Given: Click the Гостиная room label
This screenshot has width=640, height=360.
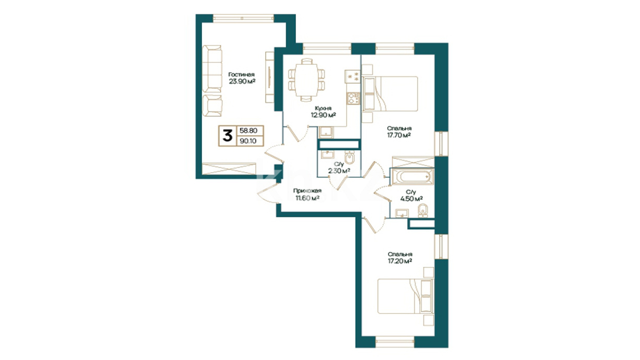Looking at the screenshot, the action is [x=241, y=75].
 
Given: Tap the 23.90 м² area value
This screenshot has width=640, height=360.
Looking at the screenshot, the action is [x=242, y=81].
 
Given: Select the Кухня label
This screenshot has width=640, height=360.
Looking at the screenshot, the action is [x=323, y=109].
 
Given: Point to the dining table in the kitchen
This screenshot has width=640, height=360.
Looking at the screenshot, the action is [x=306, y=80].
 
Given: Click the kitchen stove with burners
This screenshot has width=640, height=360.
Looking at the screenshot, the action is [x=353, y=99].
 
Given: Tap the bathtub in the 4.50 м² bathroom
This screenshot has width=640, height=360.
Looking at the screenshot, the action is [x=412, y=176].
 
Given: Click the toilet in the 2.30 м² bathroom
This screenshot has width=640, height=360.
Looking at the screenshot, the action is [x=349, y=157].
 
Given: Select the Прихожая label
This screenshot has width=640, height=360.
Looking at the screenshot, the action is [x=307, y=191].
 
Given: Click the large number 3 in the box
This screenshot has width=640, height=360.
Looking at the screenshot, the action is [x=228, y=135].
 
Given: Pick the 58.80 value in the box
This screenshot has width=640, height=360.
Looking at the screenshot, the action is [x=248, y=131].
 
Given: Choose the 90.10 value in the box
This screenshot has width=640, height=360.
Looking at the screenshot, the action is [x=248, y=141].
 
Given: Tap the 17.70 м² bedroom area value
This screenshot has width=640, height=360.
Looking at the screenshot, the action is [x=399, y=135].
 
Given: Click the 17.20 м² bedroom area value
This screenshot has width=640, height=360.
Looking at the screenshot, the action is [x=400, y=261].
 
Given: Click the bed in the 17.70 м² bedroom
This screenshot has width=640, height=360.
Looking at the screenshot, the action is [x=390, y=93].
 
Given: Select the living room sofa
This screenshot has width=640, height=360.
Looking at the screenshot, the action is [x=212, y=68].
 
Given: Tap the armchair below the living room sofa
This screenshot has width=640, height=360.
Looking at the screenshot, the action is [x=212, y=105].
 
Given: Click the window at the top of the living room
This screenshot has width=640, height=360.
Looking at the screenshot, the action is [x=243, y=18].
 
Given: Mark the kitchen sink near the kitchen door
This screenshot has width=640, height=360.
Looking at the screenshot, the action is [x=326, y=133].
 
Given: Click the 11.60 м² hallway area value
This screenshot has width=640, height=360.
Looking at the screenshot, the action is [x=307, y=198].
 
